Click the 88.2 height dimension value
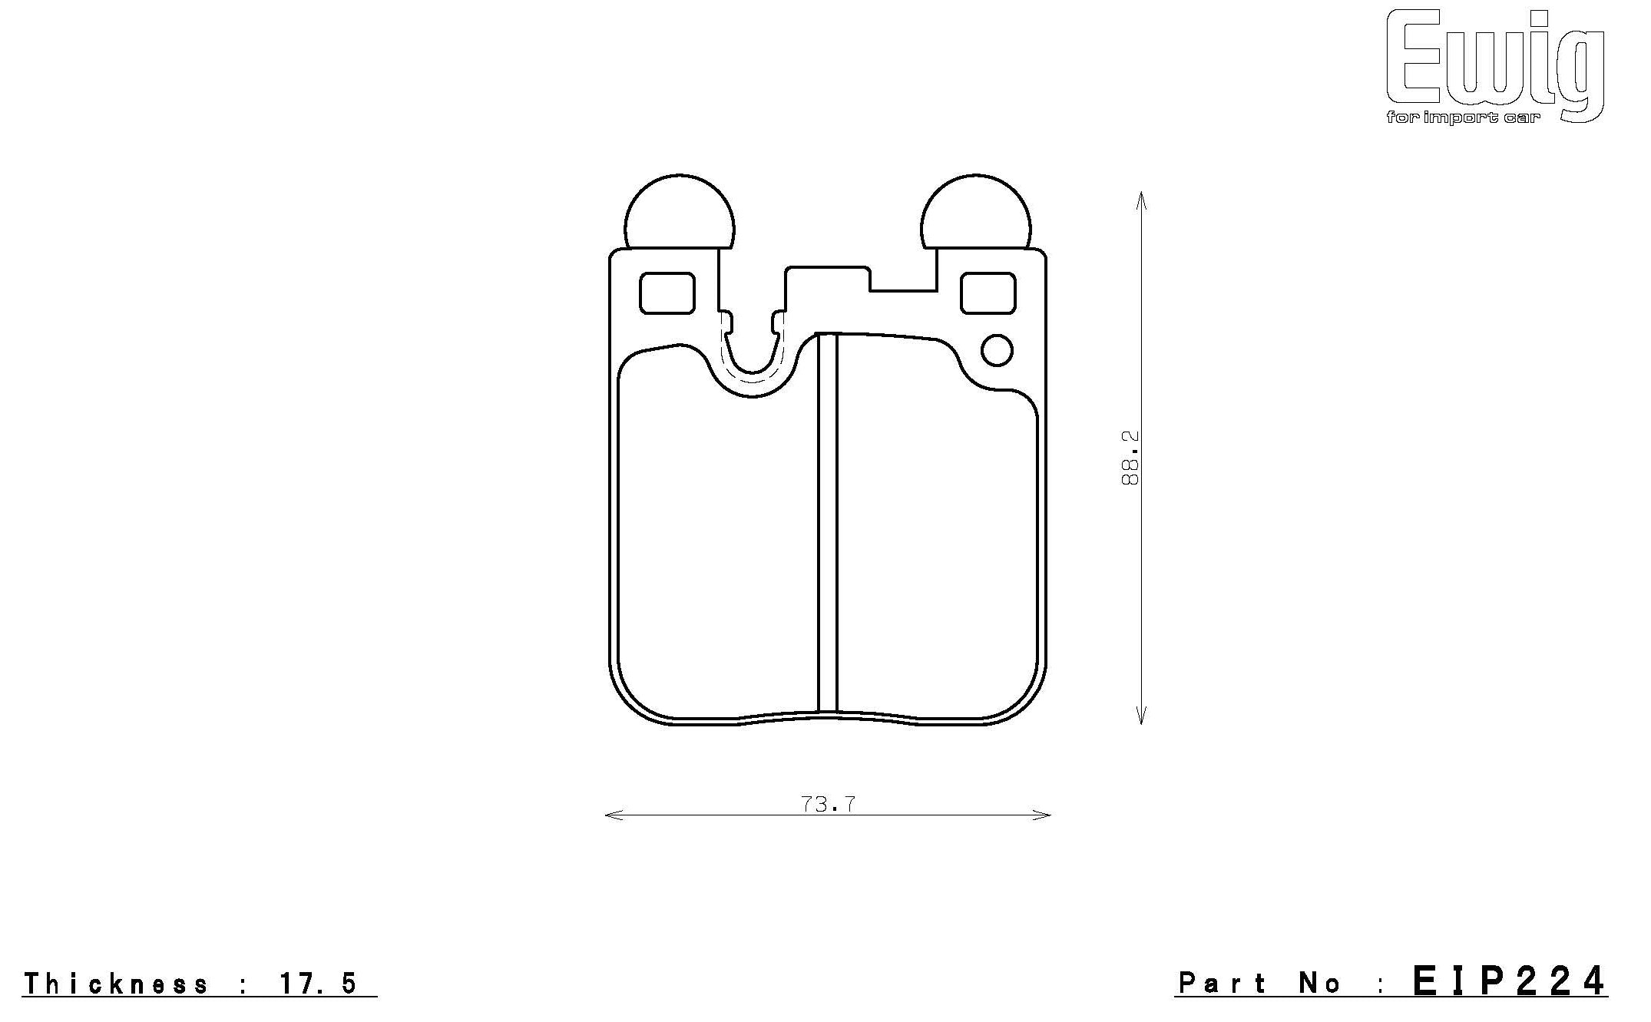click(1130, 458)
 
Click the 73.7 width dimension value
click(828, 804)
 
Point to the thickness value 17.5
click(318, 984)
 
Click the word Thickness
click(116, 984)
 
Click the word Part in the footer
click(1223, 983)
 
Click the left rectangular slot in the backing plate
click(667, 293)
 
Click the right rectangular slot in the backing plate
click(988, 293)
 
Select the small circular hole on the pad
click(997, 351)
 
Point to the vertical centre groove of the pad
click(827, 522)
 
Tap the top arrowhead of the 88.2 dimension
click(1141, 197)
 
